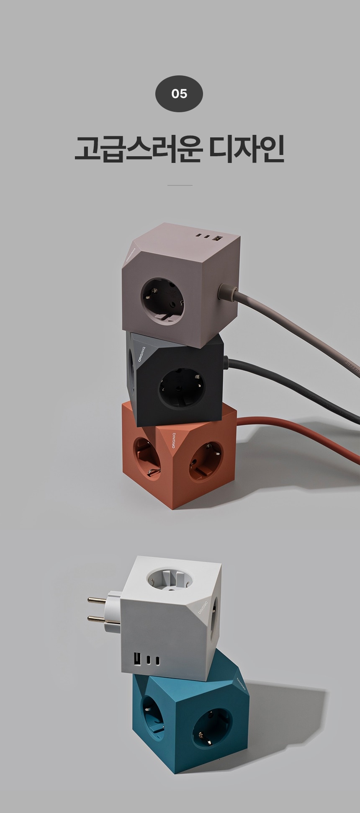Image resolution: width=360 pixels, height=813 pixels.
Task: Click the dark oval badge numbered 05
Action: (179, 93)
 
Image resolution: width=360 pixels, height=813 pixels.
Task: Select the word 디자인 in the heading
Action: (247, 148)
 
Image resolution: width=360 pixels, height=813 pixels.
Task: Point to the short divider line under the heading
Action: (180, 185)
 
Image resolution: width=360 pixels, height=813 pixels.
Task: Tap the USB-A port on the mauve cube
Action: (217, 239)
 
